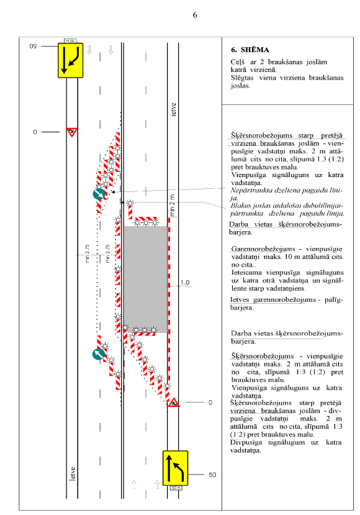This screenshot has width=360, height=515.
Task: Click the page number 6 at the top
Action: tap(195, 15)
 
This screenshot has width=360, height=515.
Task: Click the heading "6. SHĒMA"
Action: tap(250, 50)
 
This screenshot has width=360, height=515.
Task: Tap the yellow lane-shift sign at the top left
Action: tap(71, 60)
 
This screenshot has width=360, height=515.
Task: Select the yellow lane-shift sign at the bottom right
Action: tap(176, 468)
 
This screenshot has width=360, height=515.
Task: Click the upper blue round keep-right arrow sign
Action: tap(99, 194)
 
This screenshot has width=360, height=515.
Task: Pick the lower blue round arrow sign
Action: tap(99, 354)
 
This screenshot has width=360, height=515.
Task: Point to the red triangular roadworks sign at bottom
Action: tap(174, 403)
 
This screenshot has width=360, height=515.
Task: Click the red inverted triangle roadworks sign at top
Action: tap(72, 132)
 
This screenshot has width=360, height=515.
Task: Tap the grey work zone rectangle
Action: tap(145, 280)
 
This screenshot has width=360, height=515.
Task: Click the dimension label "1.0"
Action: tap(185, 283)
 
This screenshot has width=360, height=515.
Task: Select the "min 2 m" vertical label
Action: tap(173, 205)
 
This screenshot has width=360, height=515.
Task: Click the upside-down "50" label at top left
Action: tap(33, 47)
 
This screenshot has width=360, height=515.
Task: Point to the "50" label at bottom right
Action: tap(212, 475)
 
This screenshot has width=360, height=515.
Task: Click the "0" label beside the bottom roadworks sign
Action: tap(210, 403)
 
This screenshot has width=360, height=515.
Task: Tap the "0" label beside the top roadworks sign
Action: tap(35, 132)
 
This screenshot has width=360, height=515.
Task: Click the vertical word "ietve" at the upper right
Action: tap(174, 109)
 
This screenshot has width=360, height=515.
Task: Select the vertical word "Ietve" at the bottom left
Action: tap(73, 474)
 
